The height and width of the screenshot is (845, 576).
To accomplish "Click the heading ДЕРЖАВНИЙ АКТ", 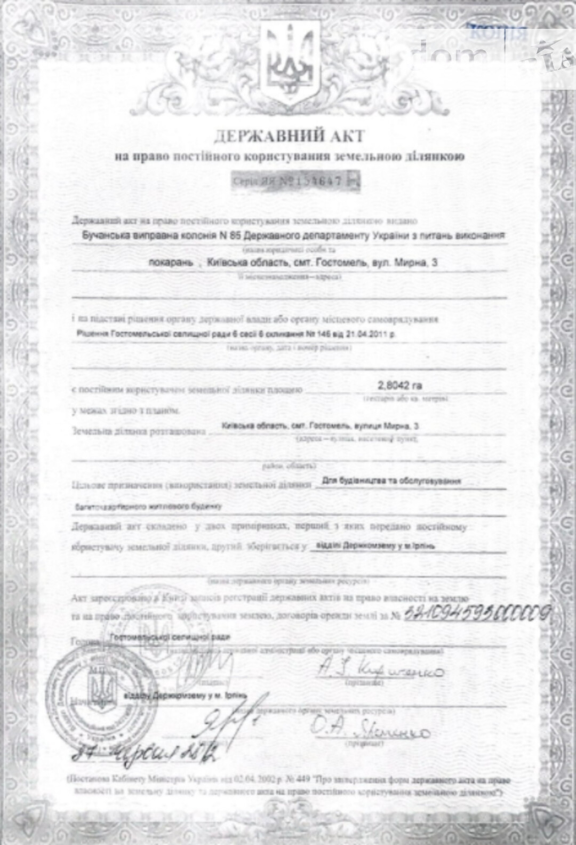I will click(289, 137).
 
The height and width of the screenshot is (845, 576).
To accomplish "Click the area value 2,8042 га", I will click(400, 385).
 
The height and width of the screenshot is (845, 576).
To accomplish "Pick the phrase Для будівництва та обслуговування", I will click(391, 481).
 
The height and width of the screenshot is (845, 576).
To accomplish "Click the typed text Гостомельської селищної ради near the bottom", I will click(170, 637).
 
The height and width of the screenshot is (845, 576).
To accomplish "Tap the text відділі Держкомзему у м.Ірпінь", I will click(375, 546).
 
